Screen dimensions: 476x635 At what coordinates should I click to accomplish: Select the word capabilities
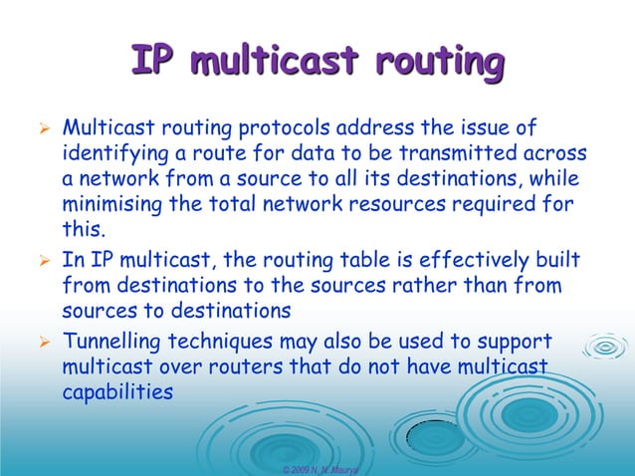[x=117, y=392]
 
